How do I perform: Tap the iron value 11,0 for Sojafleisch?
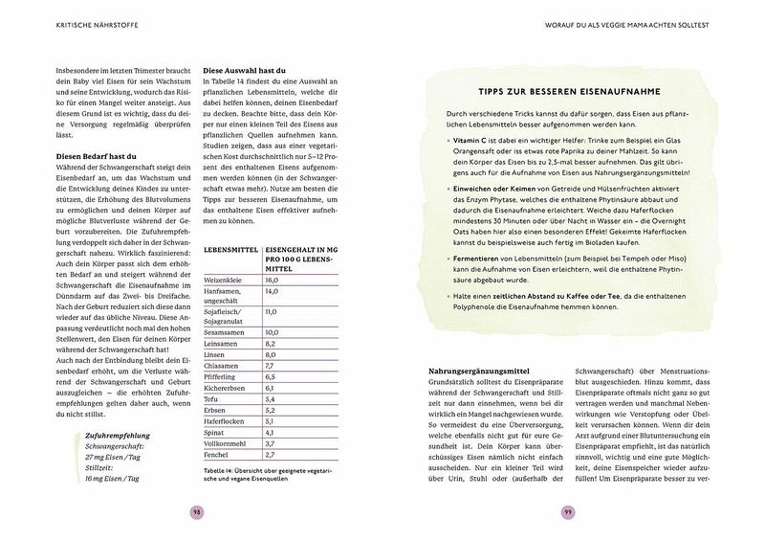pyautogui.click(x=272, y=312)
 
